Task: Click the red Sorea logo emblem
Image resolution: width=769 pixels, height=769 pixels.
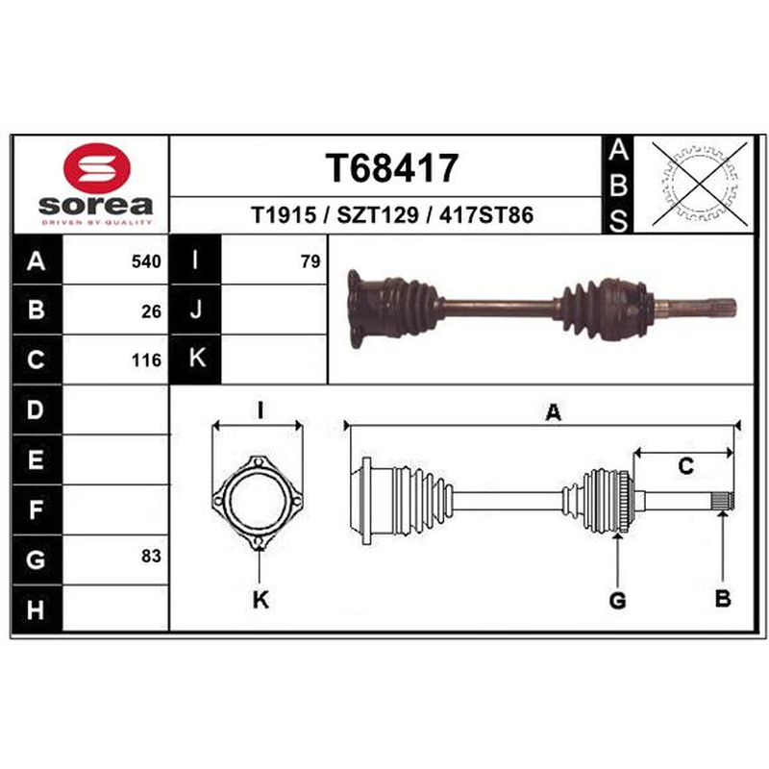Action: click(97, 167)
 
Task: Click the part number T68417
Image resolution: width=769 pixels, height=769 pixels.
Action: click(391, 168)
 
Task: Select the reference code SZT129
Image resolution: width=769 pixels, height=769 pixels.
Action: click(378, 215)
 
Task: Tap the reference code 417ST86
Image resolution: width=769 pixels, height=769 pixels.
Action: click(486, 215)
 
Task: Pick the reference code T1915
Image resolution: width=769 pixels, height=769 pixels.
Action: click(284, 215)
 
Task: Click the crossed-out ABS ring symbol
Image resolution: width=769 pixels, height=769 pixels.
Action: click(700, 184)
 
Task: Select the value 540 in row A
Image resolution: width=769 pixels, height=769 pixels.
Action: click(146, 261)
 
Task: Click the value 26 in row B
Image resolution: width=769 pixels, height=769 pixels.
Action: click(151, 311)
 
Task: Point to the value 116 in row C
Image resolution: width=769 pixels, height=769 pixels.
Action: click(146, 360)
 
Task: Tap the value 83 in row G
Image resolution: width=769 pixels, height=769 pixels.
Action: click(151, 557)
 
